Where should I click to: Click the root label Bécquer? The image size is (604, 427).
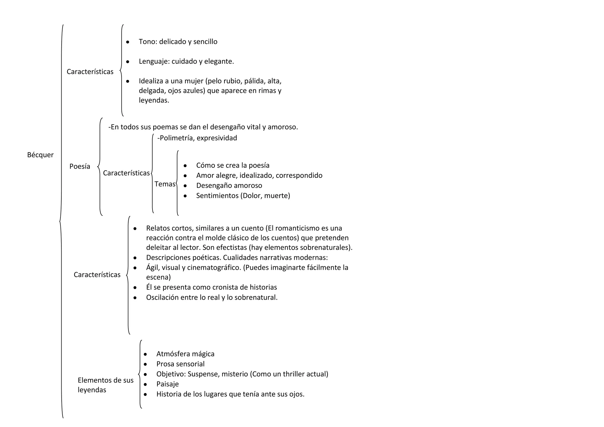click(x=40, y=155)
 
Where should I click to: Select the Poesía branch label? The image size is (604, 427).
click(x=80, y=167)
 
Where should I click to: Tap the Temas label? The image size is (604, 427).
click(x=165, y=184)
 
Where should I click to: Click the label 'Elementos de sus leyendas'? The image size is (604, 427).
click(x=105, y=385)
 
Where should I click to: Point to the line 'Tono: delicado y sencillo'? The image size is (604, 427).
click(x=178, y=42)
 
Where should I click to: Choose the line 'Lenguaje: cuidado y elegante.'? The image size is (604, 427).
click(x=186, y=62)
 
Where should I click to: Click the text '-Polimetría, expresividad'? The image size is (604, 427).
click(x=197, y=138)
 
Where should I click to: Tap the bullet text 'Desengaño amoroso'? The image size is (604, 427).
click(x=229, y=186)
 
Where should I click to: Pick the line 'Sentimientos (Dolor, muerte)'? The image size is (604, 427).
click(x=243, y=196)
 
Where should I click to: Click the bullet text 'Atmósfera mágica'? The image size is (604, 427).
click(x=185, y=354)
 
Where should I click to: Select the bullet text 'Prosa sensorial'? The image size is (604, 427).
click(x=180, y=364)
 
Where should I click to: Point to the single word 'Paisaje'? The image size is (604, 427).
click(x=168, y=384)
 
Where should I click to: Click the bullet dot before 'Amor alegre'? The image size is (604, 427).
click(x=185, y=176)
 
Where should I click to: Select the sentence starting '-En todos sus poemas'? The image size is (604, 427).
click(x=203, y=127)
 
